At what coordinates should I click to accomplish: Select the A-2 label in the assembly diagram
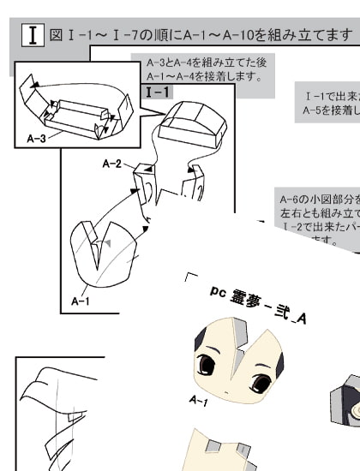tap(112, 163)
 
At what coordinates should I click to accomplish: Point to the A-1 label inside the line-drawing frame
tap(81, 301)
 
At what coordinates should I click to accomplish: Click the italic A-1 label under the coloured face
tap(198, 401)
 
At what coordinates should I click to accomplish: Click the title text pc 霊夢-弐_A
tap(257, 305)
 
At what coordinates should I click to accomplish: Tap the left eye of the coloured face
tap(207, 366)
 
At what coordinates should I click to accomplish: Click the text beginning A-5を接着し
tap(331, 110)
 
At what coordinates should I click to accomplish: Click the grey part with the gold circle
tap(347, 402)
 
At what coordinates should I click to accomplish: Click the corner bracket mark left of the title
tap(191, 278)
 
